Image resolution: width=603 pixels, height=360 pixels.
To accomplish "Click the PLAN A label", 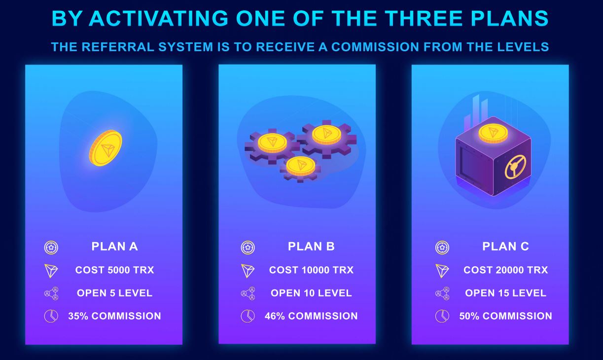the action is pos(115,247).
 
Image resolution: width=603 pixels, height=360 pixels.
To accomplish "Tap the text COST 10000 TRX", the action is pos(311,270).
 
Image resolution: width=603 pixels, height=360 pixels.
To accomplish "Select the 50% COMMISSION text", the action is pos(505,316).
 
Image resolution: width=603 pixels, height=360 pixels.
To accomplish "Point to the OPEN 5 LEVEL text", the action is pos(115,293).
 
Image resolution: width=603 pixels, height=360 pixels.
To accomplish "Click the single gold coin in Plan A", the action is pos(106,148).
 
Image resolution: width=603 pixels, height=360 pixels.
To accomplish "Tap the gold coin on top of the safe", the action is pos(493,134).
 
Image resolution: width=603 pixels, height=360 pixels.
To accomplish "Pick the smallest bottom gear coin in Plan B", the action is pos(300,166).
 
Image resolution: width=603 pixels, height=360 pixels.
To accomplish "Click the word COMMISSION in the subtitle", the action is pos(375,47).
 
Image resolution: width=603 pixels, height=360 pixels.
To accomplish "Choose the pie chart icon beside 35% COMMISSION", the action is pos(51,316).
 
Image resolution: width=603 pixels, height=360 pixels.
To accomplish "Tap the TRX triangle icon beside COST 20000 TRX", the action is pos(442,271).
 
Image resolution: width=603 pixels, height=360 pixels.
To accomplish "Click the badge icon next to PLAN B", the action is pos(248,248).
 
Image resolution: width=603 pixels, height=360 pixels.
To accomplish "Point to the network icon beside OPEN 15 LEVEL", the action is pos(442,293).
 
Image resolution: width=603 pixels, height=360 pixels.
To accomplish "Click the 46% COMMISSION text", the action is pos(311,316).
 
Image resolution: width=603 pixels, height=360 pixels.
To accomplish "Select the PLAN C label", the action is pos(505,247).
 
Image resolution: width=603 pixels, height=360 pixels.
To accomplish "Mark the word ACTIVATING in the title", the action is pos(159,18).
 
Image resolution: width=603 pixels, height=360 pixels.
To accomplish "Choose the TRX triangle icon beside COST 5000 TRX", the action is pos(51,271).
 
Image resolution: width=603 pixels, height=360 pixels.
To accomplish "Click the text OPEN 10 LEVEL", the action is pos(311,293).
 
